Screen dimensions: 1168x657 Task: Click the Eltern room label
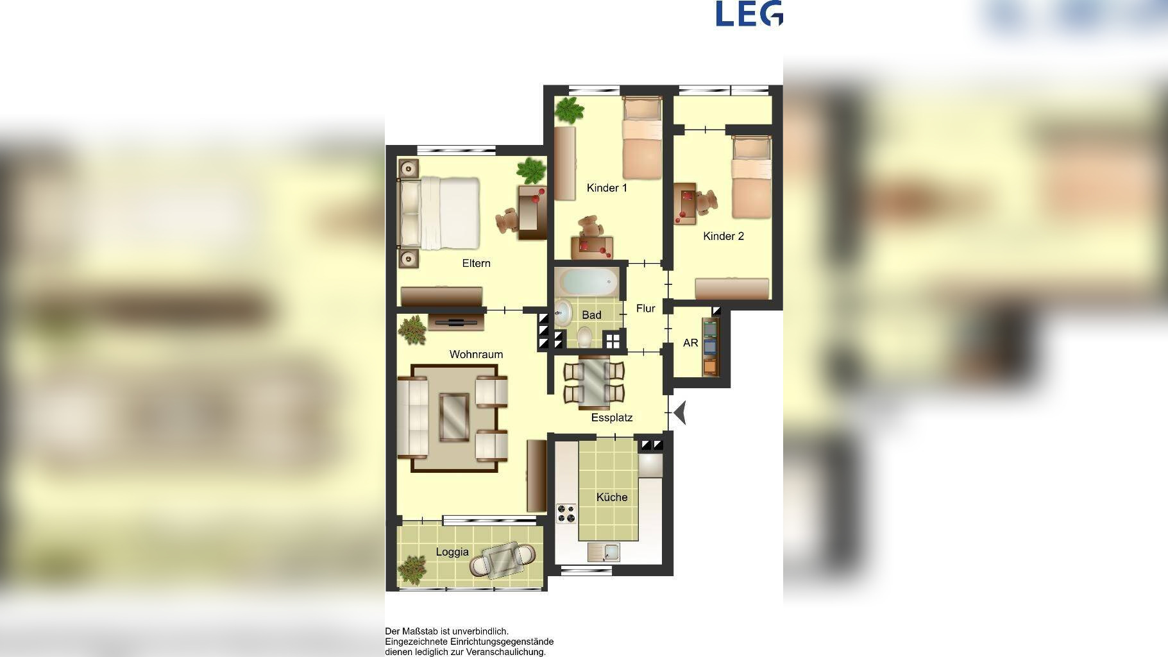[476, 263]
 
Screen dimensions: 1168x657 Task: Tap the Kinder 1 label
[607, 188]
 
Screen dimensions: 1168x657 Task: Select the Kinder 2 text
[724, 236]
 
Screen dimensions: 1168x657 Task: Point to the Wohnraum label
[476, 354]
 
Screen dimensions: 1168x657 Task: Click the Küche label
[612, 497]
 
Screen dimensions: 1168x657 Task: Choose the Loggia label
[452, 552]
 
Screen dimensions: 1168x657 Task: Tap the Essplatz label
[612, 418]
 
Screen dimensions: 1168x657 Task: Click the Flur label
[646, 309]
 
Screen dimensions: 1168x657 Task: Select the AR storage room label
[691, 343]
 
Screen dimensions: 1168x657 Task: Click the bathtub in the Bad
[588, 281]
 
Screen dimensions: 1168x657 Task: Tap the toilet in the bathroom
[584, 336]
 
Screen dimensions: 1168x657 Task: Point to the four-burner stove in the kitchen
[566, 513]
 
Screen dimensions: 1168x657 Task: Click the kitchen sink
[604, 552]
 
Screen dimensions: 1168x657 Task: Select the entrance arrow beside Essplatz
[680, 413]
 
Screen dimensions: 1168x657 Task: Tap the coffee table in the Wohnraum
[454, 417]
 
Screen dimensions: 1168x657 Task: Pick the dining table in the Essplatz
[594, 382]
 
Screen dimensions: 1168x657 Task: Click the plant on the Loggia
[412, 568]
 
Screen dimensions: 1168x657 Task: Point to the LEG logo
[749, 13]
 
